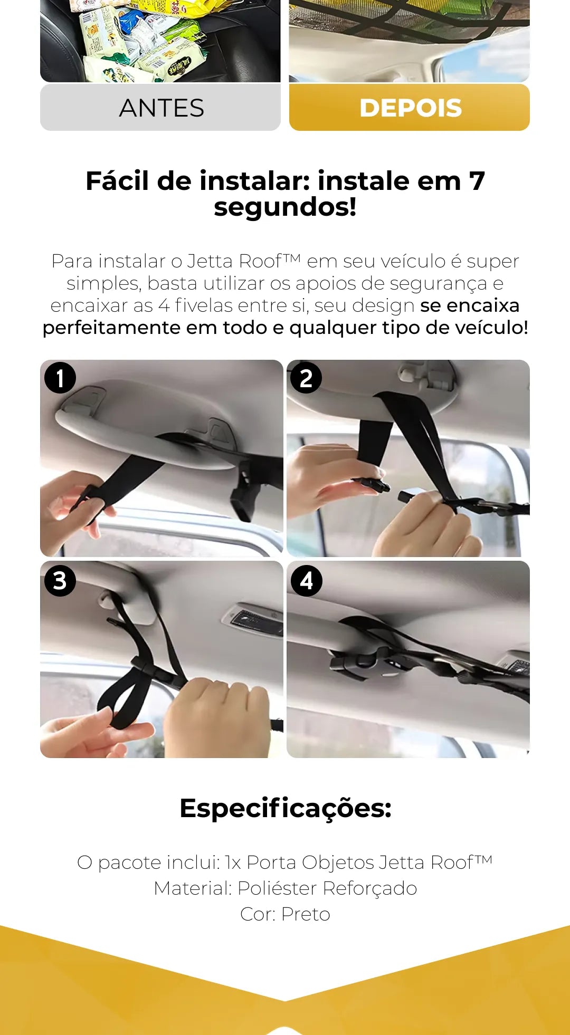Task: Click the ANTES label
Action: point(161,108)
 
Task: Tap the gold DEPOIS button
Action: point(410,108)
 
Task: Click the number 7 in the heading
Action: point(477,181)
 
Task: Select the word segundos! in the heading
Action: point(285,206)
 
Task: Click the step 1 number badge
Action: point(60,378)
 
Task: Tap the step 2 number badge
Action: point(306,378)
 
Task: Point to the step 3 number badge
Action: point(60,581)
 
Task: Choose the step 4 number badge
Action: point(307,581)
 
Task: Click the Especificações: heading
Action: point(286,808)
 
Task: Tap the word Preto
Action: point(306,914)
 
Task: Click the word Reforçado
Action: point(370,888)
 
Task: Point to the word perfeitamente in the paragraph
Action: point(112,328)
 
